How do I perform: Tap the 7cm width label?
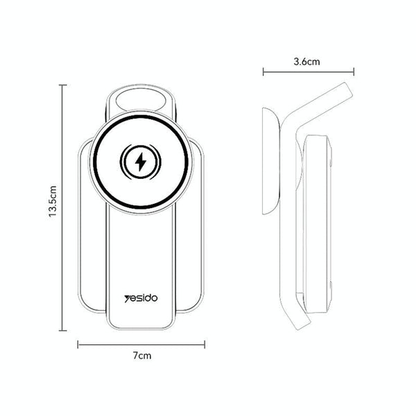coord(142,355)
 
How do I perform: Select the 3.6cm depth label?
coord(307,62)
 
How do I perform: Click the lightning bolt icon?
coord(141,162)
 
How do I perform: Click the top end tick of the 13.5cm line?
coord(63,85)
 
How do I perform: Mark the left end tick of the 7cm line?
coord(77,343)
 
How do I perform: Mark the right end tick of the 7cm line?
coord(206,343)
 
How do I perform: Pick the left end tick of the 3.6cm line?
coord(263,71)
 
